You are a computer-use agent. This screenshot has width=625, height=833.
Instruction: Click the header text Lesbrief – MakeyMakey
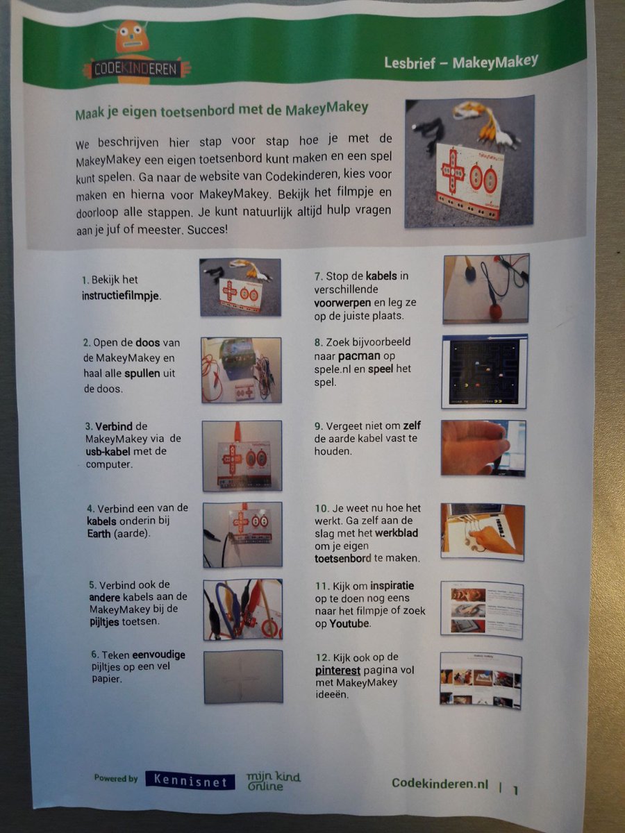pyautogui.click(x=460, y=62)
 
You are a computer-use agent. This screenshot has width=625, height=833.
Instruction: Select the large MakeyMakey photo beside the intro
pyautogui.click(x=469, y=161)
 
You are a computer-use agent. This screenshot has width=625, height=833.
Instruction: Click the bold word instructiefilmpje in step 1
pyautogui.click(x=122, y=294)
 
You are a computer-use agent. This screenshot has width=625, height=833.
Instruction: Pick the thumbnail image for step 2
pyautogui.click(x=242, y=369)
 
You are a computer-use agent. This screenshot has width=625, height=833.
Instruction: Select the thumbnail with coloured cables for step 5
pyautogui.click(x=243, y=609)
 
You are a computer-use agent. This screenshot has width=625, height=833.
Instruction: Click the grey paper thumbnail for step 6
pyautogui.click(x=243, y=676)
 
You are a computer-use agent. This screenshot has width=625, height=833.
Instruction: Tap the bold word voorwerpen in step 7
pyautogui.click(x=344, y=303)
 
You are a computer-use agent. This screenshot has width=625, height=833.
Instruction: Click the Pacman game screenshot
pyautogui.click(x=485, y=371)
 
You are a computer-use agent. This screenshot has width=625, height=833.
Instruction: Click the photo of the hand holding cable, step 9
pyautogui.click(x=483, y=448)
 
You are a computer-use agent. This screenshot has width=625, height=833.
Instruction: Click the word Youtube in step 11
pyautogui.click(x=351, y=623)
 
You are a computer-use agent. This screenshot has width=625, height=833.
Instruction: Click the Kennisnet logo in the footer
pyautogui.click(x=190, y=781)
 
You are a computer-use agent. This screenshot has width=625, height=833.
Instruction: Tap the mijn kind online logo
pyautogui.click(x=274, y=780)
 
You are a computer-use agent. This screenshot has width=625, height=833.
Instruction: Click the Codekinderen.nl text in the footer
pyautogui.click(x=440, y=783)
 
